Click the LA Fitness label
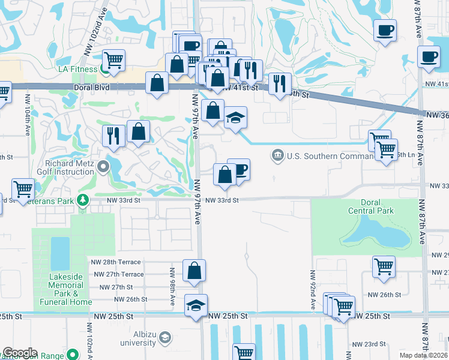[77, 69]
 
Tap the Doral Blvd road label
[49, 86]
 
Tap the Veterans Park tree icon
[82, 200]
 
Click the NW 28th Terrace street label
[116, 262]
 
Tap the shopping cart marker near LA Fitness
[113, 61]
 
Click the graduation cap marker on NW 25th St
[196, 306]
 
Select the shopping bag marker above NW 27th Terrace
[194, 271]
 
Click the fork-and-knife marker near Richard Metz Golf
[113, 136]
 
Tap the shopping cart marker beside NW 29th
[384, 267]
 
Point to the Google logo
[20, 353]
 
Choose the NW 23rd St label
[369, 344]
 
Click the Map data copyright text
[424, 355]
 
